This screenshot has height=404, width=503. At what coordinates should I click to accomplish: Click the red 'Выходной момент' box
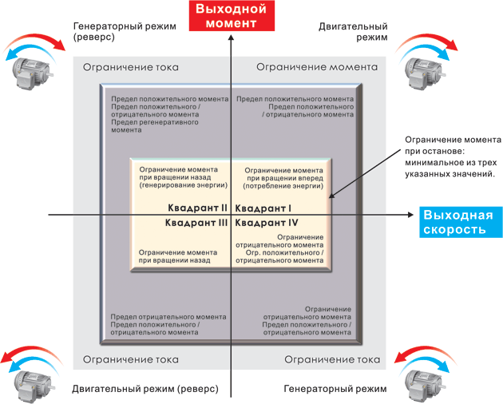(228, 16)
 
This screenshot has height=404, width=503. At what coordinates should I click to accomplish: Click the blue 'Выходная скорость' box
(458, 222)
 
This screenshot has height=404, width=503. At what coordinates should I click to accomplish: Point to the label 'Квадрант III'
(196, 222)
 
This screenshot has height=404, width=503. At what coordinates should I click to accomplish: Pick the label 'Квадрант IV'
(267, 222)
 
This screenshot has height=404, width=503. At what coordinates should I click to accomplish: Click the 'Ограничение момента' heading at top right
(317, 68)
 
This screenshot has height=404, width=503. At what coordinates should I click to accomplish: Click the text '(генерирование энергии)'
(183, 185)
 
